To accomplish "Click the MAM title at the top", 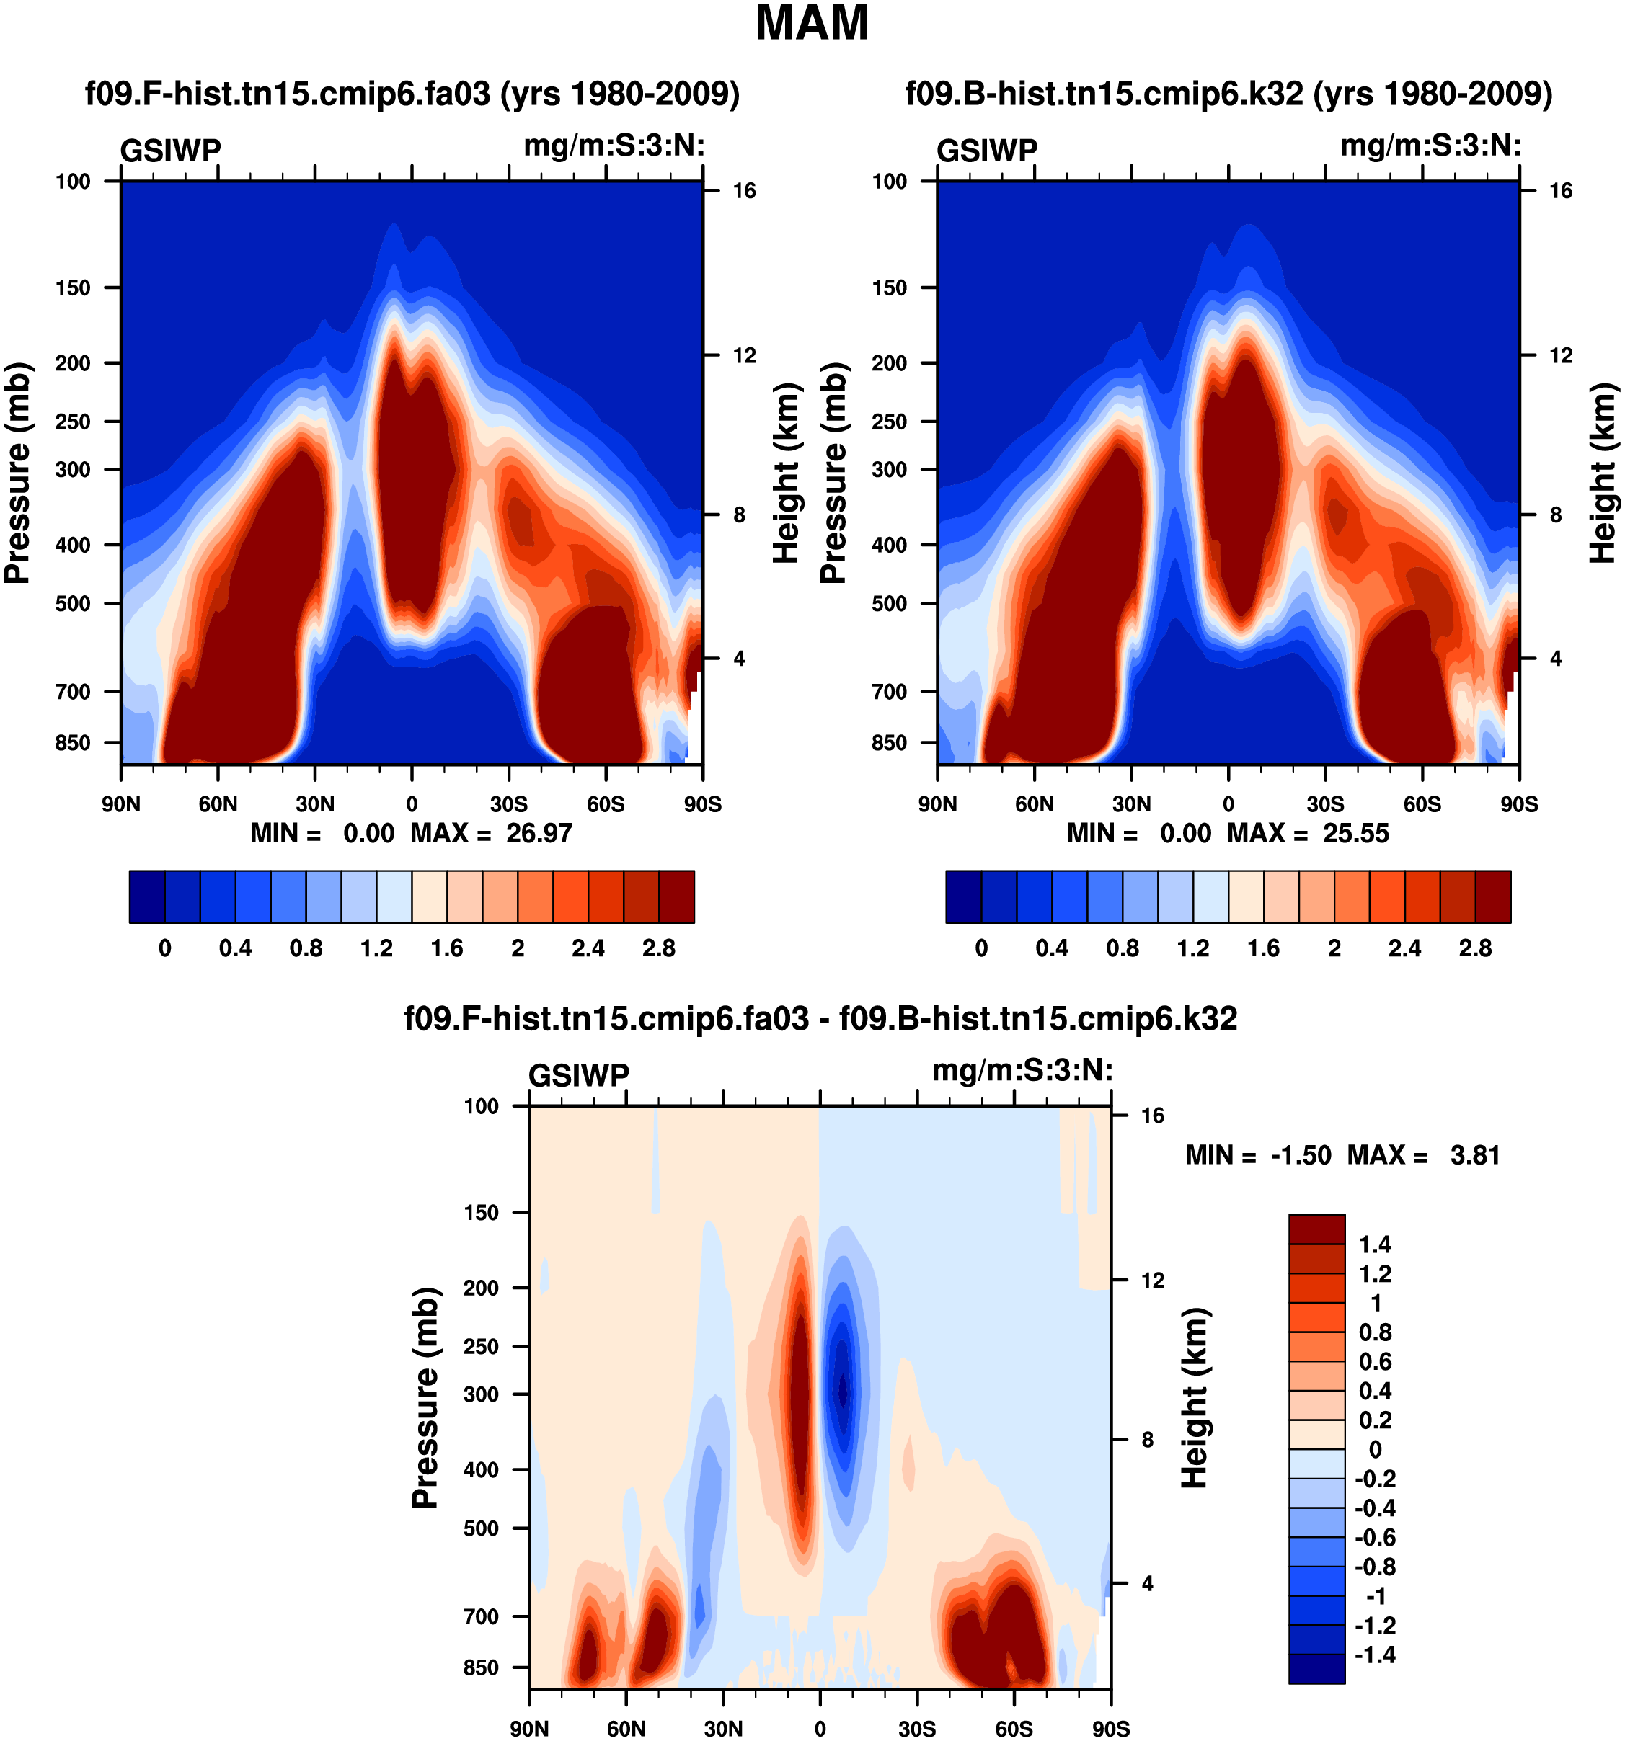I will [x=811, y=24].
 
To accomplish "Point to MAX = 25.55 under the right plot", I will [x=1308, y=833].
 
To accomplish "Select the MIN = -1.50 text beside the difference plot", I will [x=1258, y=1155].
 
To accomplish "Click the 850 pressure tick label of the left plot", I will [x=73, y=743].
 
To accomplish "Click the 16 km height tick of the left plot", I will [x=744, y=191].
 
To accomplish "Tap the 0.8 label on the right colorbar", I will [x=1123, y=948].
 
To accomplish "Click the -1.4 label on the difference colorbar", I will [x=1374, y=1655].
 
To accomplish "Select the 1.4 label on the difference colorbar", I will [x=1374, y=1244].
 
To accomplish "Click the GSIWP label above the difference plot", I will [x=579, y=1075].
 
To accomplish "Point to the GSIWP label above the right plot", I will [x=986, y=151].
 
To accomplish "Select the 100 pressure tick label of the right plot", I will [x=889, y=182].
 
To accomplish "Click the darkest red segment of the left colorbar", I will [x=676, y=896].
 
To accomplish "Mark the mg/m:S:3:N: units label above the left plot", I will [x=614, y=146].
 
